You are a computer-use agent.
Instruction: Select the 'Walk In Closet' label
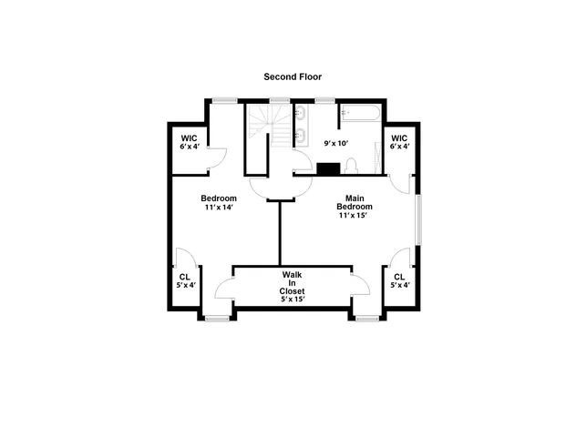[x=292, y=282]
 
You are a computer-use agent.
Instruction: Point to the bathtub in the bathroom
[x=361, y=116]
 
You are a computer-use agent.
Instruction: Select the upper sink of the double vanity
[x=300, y=116]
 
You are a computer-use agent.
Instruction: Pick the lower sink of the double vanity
[x=300, y=138]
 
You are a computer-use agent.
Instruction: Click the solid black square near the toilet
[x=326, y=168]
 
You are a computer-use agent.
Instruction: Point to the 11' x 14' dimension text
[x=219, y=208]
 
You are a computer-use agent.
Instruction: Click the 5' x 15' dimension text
[x=292, y=299]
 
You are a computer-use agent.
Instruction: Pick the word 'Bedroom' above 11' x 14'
[x=219, y=198]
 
